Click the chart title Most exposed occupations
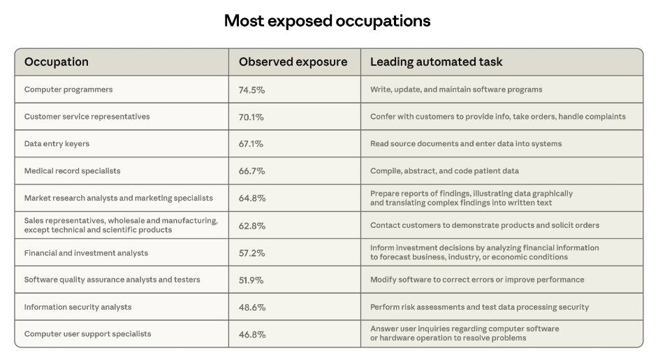[327, 21]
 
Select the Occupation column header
[57, 62]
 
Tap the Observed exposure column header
[293, 62]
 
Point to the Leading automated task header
[436, 62]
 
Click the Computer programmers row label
[68, 89]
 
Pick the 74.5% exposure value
[251, 90]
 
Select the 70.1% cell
[251, 117]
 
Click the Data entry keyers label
[57, 144]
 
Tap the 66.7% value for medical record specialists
[251, 171]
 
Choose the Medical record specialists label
[72, 171]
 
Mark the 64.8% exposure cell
[252, 199]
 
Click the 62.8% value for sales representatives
[252, 226]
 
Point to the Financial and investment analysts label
[86, 253]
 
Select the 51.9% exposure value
[251, 280]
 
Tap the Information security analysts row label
[78, 308]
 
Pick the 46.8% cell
[252, 335]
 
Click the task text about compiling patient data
[444, 171]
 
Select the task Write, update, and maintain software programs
[456, 89]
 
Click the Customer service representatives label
[87, 117]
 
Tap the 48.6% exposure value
[251, 308]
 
